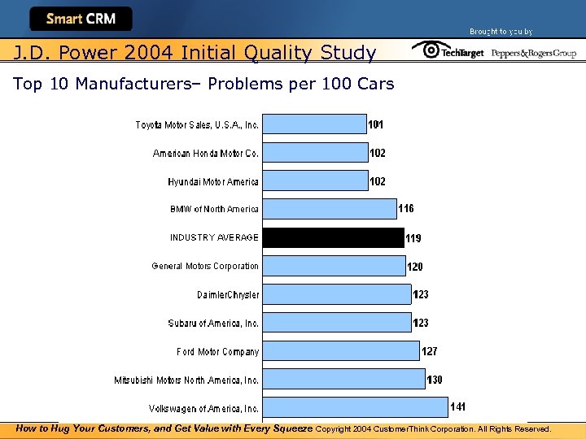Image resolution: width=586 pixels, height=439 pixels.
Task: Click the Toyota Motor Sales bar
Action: click(315, 124)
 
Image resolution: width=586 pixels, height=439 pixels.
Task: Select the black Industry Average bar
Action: click(333, 237)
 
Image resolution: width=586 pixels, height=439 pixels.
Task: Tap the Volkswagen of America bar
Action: click(354, 407)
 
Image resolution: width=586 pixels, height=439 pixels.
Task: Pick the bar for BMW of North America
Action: click(329, 209)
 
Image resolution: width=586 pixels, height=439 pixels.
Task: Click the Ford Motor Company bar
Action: click(341, 350)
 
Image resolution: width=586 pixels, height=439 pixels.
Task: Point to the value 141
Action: click(459, 406)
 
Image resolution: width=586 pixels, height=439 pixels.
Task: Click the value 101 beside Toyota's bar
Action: click(376, 125)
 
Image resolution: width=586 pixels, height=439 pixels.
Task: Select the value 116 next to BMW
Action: click(405, 209)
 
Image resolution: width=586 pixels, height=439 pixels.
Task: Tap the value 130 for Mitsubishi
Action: click(435, 380)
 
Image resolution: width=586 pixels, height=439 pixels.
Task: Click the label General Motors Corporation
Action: click(205, 266)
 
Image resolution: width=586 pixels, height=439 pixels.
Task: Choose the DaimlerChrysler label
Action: click(228, 294)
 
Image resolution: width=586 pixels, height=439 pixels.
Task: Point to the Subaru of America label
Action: click(213, 323)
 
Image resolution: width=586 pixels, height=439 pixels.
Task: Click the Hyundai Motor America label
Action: click(213, 181)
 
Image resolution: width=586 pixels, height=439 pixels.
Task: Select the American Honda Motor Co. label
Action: click(206, 153)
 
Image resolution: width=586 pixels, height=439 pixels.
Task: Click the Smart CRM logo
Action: click(81, 19)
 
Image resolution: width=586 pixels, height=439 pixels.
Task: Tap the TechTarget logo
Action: click(448, 52)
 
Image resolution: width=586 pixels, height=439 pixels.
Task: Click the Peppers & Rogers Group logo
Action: click(533, 53)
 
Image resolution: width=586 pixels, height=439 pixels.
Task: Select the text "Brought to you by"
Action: click(501, 32)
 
